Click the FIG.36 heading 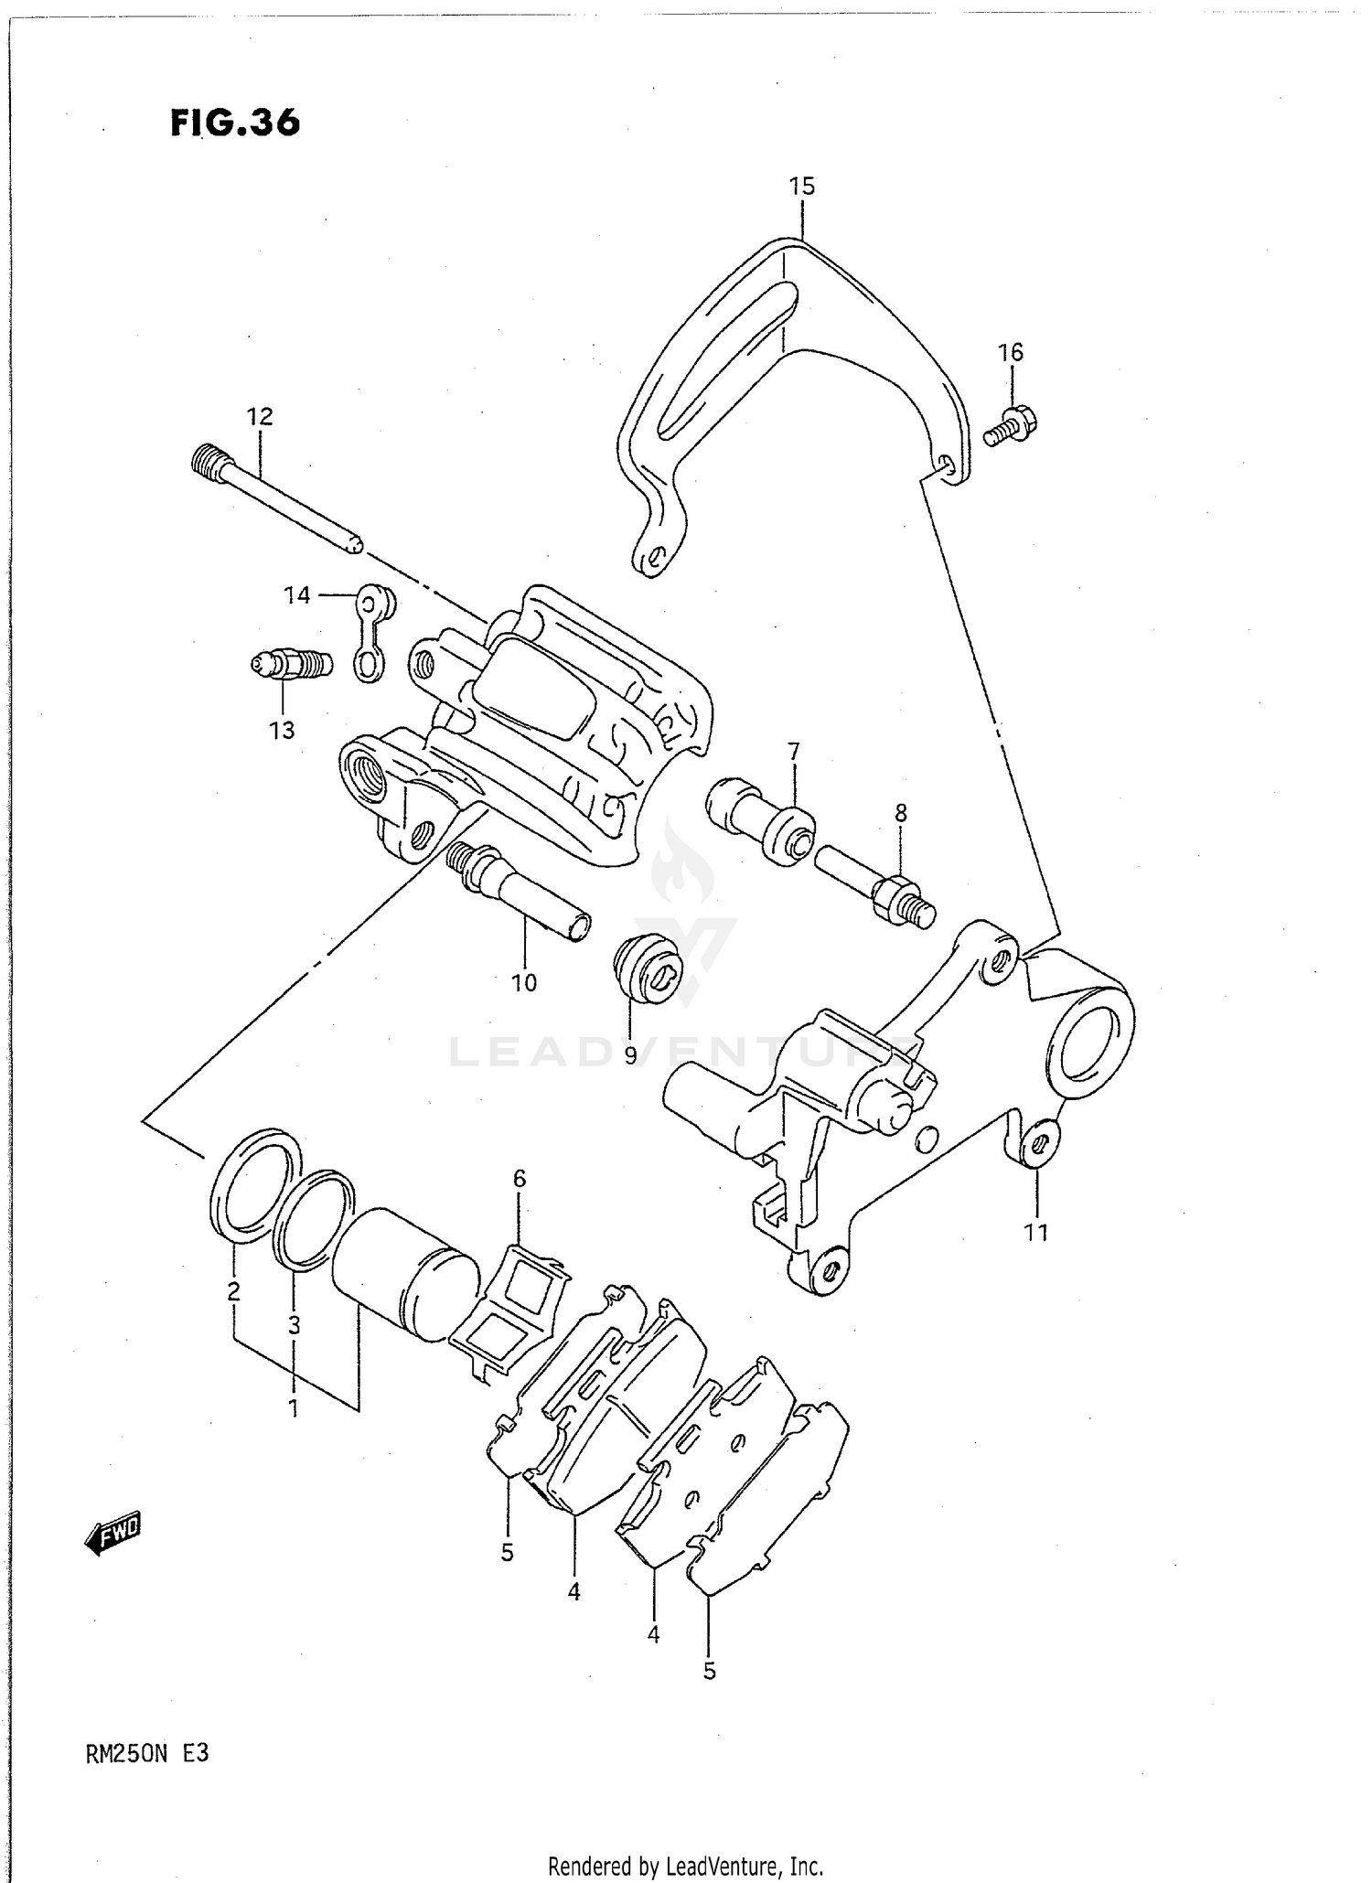235,123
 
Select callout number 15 801,187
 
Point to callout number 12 260,417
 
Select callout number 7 793,752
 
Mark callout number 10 523,983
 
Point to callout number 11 1035,1233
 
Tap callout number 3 294,1325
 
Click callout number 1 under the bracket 294,1409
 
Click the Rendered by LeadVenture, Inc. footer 685,1866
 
